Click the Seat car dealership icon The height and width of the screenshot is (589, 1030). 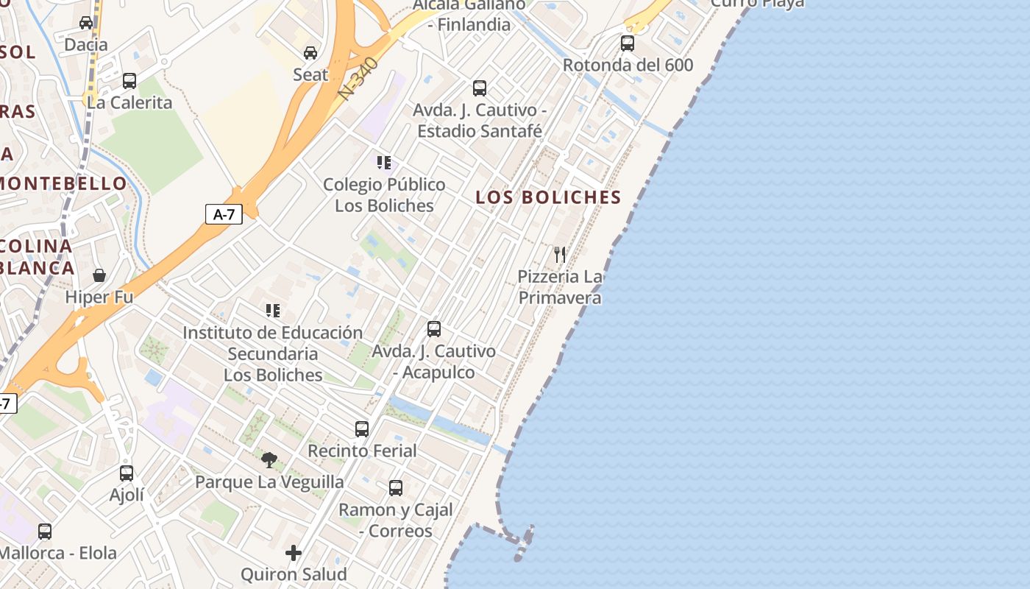coord(310,52)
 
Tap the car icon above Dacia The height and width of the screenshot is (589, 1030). coord(86,22)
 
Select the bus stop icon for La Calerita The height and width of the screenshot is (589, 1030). coord(129,80)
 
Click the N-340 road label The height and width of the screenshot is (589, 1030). coord(360,79)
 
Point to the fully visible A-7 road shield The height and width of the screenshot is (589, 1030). coord(224,214)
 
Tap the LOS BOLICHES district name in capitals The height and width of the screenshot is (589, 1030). coord(548,197)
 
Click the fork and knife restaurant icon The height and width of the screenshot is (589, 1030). coord(560,255)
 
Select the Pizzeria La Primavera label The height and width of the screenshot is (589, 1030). coord(560,287)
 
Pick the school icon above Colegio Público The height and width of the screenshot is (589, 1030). coord(383,162)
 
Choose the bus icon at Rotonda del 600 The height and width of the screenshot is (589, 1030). coord(627,43)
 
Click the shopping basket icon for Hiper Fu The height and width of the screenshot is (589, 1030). coord(99,275)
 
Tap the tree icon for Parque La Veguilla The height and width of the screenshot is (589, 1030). coord(269,460)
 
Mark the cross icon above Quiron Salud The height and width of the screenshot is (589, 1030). coord(294,552)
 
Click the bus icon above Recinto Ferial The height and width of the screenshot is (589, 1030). coord(361,428)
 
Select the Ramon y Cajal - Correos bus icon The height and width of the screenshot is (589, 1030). coord(396,487)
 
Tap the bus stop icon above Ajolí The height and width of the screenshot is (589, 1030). coord(127,473)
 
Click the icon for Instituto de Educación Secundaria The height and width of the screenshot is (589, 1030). coord(273,311)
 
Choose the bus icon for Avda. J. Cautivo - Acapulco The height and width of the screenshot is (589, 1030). coord(434,329)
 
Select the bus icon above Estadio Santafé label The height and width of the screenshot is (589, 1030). coord(480,88)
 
